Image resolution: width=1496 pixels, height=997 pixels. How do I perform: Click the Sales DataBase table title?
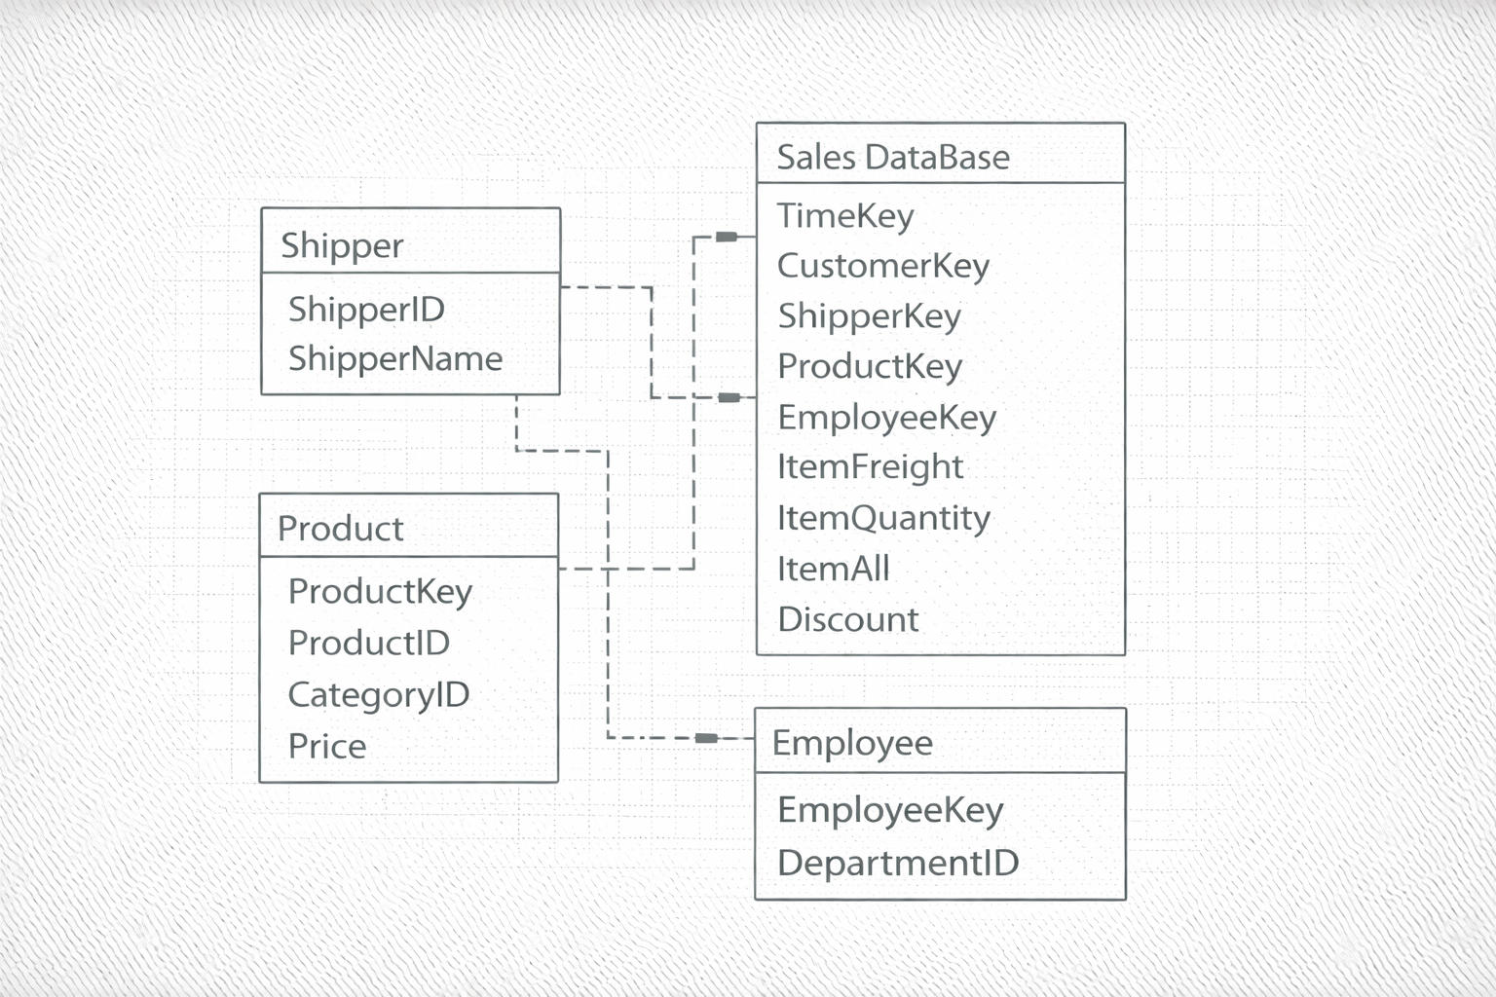click(893, 158)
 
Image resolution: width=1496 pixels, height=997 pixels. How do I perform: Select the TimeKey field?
click(845, 216)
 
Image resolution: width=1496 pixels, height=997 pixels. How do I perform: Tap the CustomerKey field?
click(882, 266)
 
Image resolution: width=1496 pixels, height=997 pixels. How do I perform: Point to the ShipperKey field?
click(869, 316)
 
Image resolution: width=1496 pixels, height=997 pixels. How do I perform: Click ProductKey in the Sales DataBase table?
click(869, 367)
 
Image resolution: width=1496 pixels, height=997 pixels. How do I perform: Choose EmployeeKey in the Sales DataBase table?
click(886, 418)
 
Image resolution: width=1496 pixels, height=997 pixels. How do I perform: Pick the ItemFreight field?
click(870, 467)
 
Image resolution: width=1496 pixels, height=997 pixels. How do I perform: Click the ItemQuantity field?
click(883, 518)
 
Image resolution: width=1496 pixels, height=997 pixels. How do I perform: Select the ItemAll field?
click(833, 569)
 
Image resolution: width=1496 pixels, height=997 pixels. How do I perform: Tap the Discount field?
click(847, 619)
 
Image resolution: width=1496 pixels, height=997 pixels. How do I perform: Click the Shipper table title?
click(342, 245)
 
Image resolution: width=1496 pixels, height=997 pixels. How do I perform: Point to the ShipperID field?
click(366, 310)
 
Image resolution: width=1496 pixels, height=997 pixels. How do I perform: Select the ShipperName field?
click(395, 359)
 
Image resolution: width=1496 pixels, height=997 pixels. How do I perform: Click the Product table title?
click(340, 529)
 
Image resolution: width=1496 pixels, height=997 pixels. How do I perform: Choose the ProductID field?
click(368, 643)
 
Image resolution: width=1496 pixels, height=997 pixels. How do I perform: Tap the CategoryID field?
click(379, 695)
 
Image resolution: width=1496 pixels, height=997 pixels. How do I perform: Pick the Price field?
click(327, 747)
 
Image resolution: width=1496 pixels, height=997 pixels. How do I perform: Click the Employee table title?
click(852, 743)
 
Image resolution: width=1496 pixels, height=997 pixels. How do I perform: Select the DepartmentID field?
click(898, 863)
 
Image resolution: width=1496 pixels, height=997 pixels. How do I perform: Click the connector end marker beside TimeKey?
click(727, 237)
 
